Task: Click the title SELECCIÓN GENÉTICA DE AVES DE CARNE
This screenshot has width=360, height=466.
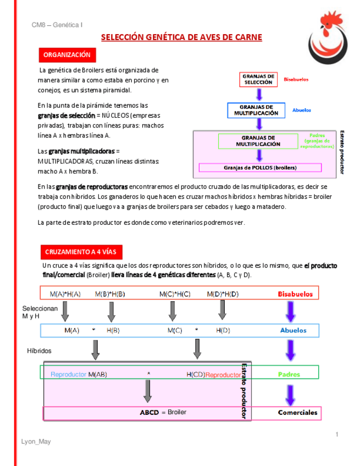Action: tap(182, 37)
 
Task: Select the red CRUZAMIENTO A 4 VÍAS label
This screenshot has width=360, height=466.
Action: tap(81, 252)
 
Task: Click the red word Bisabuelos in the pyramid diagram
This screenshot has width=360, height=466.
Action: tap(296, 79)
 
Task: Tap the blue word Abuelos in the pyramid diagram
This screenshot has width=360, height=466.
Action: tap(302, 110)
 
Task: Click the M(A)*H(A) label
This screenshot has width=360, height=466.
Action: tap(65, 294)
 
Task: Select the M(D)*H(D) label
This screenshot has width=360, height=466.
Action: tap(223, 294)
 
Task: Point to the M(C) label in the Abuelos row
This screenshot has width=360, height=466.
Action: tap(175, 330)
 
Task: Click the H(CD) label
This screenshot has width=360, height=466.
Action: tap(195, 374)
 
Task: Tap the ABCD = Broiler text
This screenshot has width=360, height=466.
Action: tap(163, 412)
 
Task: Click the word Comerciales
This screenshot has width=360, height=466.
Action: tap(297, 412)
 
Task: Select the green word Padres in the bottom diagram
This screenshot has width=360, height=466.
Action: tap(289, 374)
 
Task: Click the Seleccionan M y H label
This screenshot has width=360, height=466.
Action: tap(40, 313)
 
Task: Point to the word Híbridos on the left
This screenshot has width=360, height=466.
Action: tap(40, 350)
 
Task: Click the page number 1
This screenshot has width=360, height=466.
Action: tap(336, 435)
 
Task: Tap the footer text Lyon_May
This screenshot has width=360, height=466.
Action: tap(36, 441)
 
